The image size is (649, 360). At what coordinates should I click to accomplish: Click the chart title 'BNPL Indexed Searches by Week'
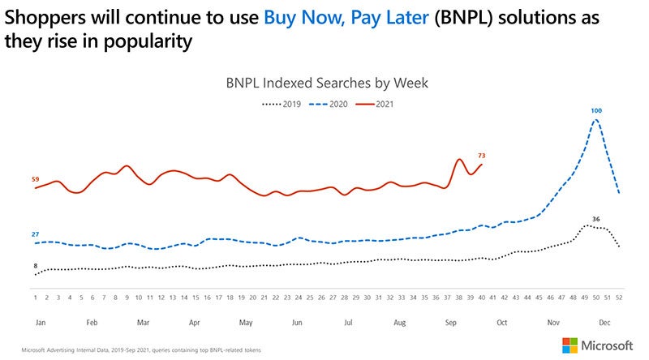pos(324,83)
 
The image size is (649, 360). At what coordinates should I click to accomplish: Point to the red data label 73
pos(482,155)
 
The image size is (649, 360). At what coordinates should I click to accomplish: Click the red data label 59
pos(35,179)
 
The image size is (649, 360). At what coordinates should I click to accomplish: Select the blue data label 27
pos(35,234)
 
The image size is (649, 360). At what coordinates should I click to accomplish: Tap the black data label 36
pos(595,219)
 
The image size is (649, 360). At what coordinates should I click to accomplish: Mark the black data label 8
pos(35,266)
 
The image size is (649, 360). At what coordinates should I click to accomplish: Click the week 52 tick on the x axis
pos(619,298)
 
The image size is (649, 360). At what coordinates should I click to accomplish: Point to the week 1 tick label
pos(36,298)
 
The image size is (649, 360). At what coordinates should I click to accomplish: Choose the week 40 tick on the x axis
pos(482,298)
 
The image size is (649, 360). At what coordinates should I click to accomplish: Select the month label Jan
pos(40,322)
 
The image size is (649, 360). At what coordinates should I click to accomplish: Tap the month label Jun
pos(296,322)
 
